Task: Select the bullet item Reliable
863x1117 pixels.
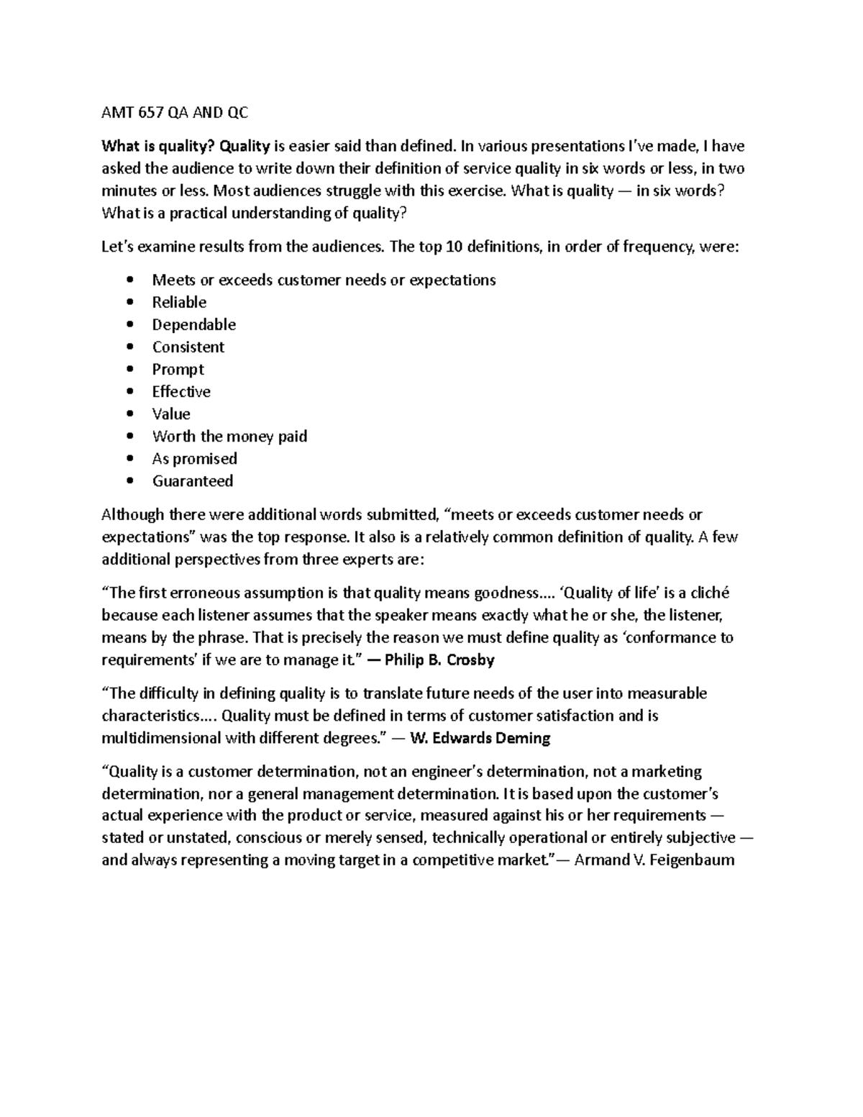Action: point(179,302)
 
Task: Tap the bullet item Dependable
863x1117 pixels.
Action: point(193,324)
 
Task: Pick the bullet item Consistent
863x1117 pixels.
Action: point(188,347)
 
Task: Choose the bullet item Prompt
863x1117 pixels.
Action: point(178,369)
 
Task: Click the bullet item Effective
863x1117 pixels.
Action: point(181,391)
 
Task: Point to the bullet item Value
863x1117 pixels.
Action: point(171,414)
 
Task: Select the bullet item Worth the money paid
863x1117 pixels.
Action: point(229,436)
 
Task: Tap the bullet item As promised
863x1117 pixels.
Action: point(194,458)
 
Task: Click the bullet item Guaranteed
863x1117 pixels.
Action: point(192,480)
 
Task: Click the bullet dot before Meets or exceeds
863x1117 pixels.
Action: point(129,280)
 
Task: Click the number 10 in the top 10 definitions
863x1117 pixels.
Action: point(455,247)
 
